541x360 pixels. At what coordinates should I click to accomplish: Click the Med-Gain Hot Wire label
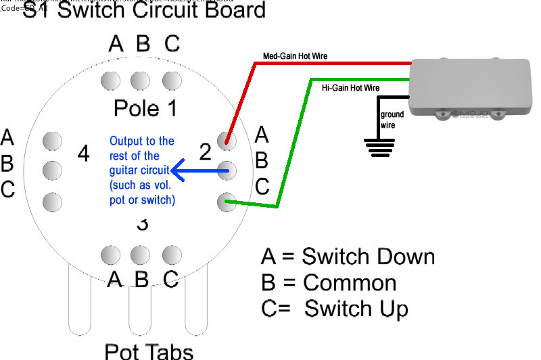tap(294, 56)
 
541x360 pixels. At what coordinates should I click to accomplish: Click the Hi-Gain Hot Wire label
tap(350, 88)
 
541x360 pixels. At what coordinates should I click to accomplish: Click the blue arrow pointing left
tap(197, 169)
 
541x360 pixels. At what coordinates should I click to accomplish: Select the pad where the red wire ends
tap(227, 141)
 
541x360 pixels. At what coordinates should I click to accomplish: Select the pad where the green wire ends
tap(227, 201)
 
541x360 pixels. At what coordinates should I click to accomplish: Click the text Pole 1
tap(145, 108)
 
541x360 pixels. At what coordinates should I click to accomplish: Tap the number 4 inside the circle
tap(83, 154)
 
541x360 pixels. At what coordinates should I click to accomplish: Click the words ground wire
tap(392, 120)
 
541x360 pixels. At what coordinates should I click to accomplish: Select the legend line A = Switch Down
tap(348, 257)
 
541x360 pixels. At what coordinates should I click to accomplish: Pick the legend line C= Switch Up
tap(335, 309)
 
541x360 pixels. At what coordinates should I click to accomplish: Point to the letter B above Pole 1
tap(143, 44)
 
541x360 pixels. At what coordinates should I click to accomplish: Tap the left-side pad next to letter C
tap(51, 201)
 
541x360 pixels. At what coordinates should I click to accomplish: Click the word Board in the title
tap(228, 10)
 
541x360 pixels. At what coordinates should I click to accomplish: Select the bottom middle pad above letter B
tap(140, 254)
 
